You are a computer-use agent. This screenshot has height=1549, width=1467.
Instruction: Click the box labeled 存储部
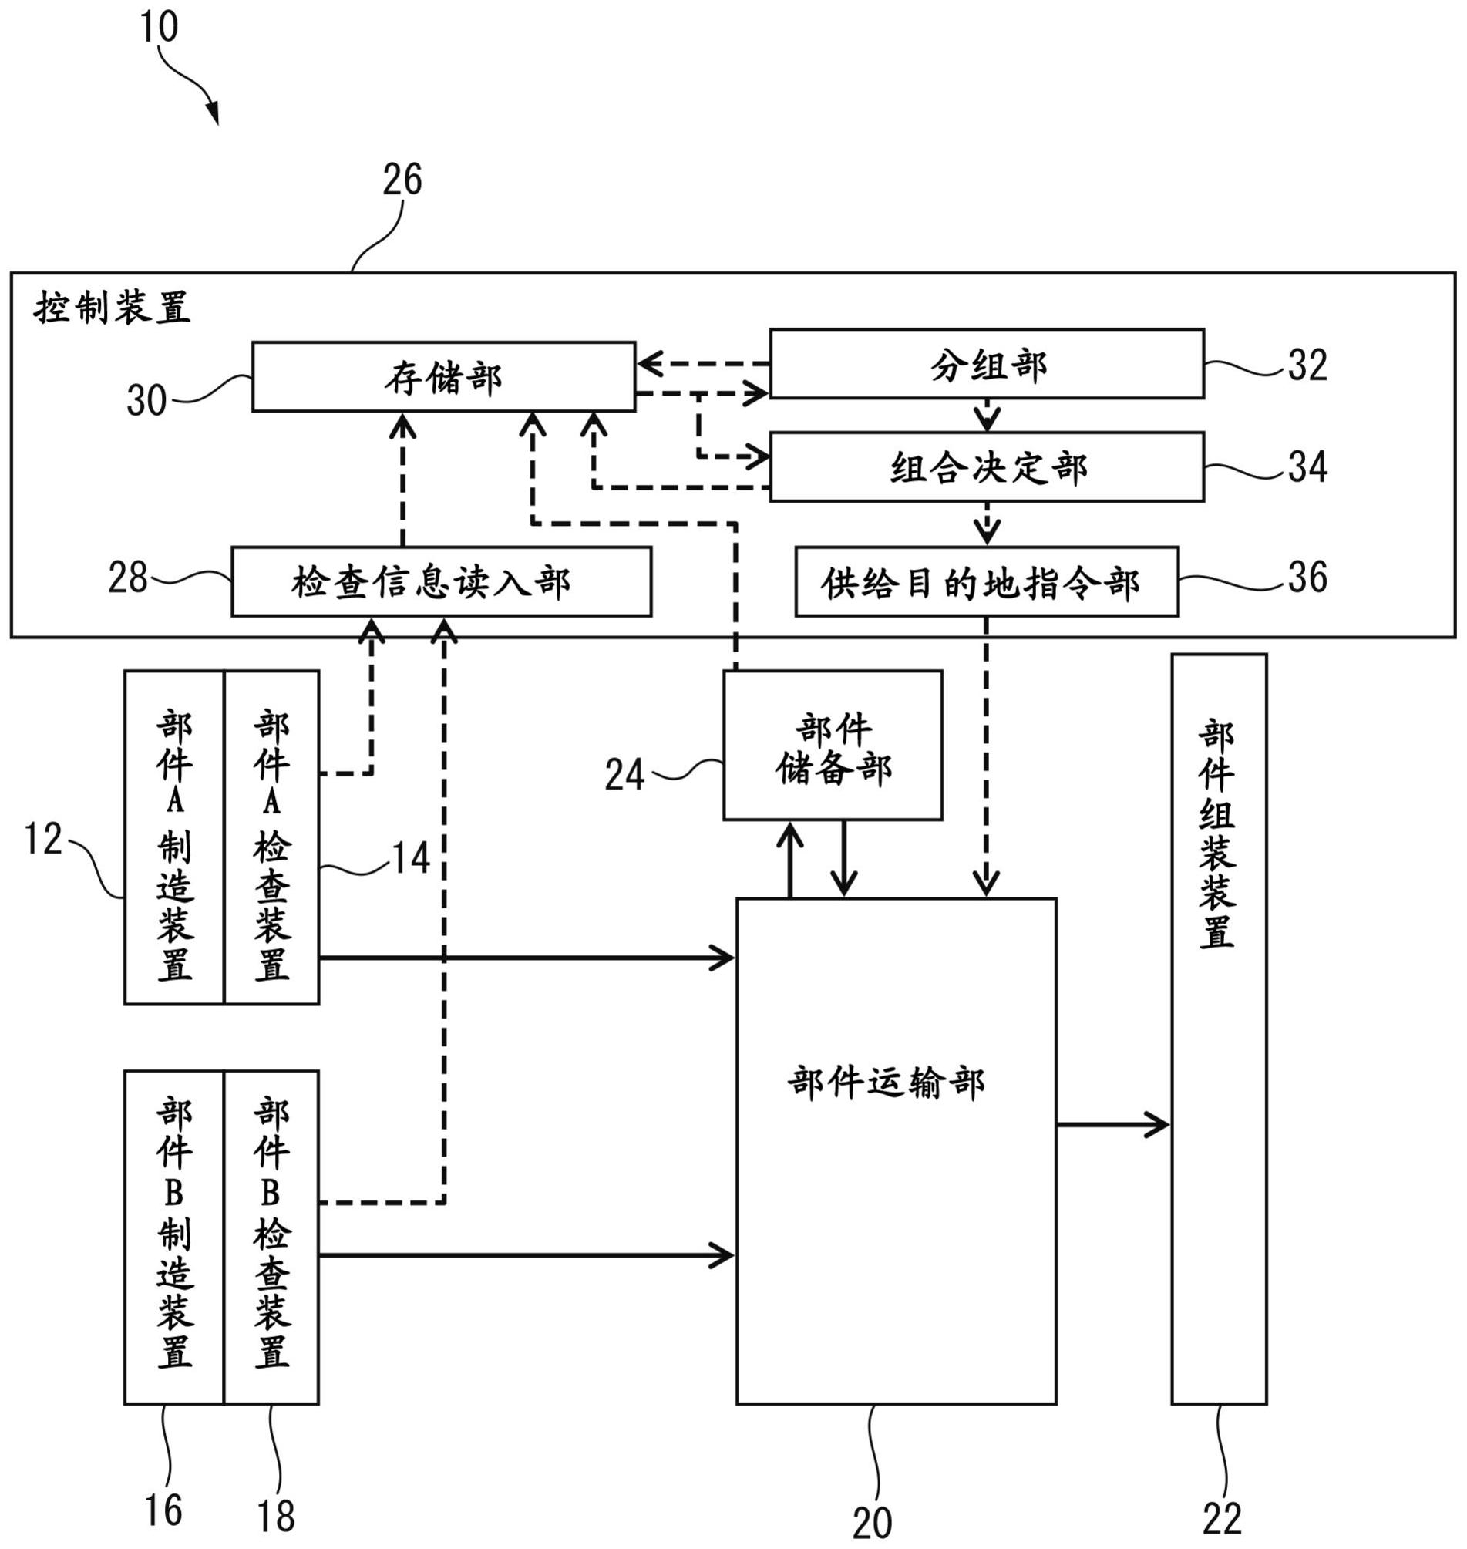click(443, 377)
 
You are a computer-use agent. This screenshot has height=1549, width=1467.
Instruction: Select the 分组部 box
click(987, 365)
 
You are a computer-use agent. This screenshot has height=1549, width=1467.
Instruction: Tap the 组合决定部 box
click(987, 467)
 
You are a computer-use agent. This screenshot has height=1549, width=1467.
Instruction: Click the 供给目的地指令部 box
click(987, 583)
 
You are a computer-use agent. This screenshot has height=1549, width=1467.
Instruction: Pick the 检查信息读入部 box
click(441, 583)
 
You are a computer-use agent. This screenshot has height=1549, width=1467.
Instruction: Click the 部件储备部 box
click(833, 746)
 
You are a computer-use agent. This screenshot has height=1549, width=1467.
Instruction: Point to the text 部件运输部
click(886, 1083)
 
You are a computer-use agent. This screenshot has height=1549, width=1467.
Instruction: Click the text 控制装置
click(112, 308)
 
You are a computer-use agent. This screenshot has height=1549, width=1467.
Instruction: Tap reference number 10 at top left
click(159, 27)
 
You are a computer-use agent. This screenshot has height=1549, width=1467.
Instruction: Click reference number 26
click(402, 180)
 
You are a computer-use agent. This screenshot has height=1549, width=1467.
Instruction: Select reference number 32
click(1307, 365)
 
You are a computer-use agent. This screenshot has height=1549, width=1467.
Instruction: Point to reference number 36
click(1307, 577)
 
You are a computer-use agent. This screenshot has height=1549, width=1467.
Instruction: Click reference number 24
click(624, 776)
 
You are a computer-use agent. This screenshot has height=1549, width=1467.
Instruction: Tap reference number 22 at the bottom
click(1221, 1519)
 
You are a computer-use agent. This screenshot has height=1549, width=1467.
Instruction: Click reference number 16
click(163, 1510)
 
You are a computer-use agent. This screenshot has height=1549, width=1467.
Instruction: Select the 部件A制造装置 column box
click(174, 837)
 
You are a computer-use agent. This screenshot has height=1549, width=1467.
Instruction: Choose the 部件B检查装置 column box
click(271, 1238)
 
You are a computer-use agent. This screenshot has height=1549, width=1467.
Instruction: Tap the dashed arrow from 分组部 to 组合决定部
click(987, 416)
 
